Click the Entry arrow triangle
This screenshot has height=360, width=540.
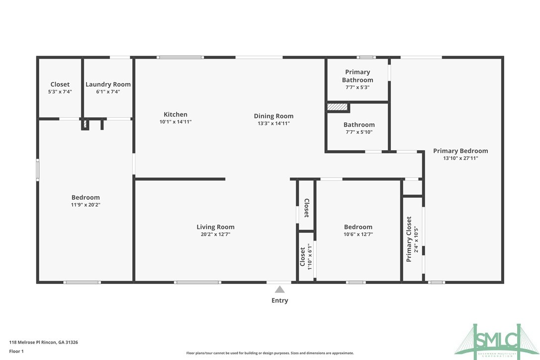[280, 289]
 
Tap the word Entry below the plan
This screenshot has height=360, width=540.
[279, 300]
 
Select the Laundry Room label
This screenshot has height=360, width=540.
[108, 85]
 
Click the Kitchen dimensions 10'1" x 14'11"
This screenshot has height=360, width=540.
[176, 122]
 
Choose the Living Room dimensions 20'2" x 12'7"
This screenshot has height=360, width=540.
[215, 234]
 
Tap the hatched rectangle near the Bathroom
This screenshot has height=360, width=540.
[337, 107]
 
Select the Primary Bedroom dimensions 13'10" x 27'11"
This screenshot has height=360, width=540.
[460, 158]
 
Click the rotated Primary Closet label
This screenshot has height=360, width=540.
[409, 239]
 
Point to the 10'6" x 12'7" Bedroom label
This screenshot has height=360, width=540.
[358, 227]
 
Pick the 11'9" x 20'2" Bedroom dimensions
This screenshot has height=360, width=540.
[86, 204]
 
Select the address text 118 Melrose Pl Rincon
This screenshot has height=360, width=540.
[44, 342]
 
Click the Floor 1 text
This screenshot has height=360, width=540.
[16, 351]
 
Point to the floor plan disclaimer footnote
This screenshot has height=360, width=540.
[270, 353]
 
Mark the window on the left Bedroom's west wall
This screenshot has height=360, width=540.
[38, 169]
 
